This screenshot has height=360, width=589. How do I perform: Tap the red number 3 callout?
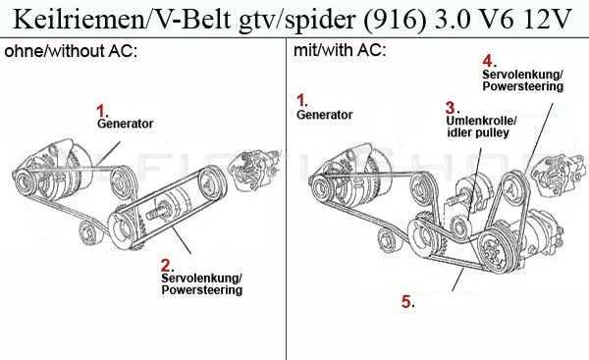tap(450, 107)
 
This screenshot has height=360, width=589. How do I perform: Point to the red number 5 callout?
tap(406, 301)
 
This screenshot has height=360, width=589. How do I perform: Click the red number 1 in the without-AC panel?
tap(99, 111)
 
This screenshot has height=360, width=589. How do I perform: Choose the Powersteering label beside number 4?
tap(522, 86)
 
